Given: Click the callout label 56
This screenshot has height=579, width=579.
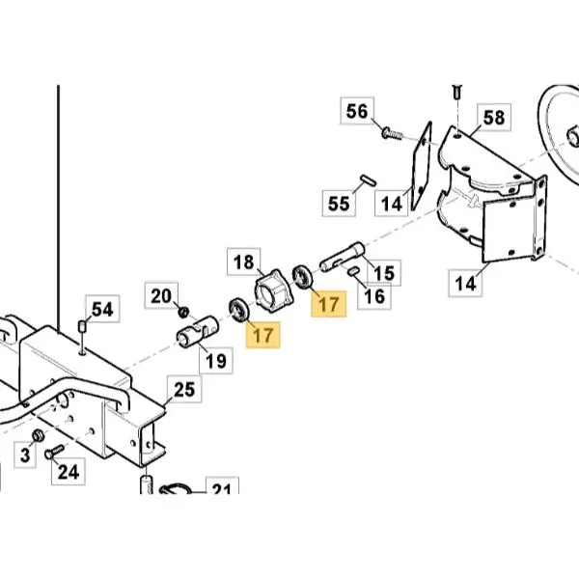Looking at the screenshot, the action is pyautogui.click(x=357, y=111).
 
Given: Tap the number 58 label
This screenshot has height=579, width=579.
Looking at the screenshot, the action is pyautogui.click(x=494, y=118).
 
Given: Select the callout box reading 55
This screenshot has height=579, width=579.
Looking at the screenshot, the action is pyautogui.click(x=339, y=203).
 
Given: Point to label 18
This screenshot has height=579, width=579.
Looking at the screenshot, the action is pyautogui.click(x=244, y=262).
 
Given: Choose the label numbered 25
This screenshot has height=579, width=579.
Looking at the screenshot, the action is pyautogui.click(x=184, y=389).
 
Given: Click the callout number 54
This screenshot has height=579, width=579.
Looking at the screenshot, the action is pyautogui.click(x=102, y=309).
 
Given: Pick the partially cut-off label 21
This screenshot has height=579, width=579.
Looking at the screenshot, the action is pyautogui.click(x=222, y=486).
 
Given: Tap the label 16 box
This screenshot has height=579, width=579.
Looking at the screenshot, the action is pyautogui.click(x=374, y=296).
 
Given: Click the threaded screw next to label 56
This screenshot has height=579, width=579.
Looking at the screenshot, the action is pyautogui.click(x=392, y=133).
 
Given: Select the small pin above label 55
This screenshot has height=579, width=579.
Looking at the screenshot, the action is pyautogui.click(x=369, y=180).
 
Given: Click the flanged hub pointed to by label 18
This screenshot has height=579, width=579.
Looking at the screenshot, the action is pyautogui.click(x=274, y=290).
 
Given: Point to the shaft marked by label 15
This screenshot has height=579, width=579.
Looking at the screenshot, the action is pyautogui.click(x=342, y=257).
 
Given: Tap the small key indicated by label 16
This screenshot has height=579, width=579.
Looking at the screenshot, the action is pyautogui.click(x=353, y=270).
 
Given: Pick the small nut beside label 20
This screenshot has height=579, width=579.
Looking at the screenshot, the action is pyautogui.click(x=183, y=312).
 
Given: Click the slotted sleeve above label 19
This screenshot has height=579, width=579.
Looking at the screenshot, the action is pyautogui.click(x=198, y=332).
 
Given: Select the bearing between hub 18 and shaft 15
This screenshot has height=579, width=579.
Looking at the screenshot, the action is pyautogui.click(x=302, y=276).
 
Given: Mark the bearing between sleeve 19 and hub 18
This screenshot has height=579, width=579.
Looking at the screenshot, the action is pyautogui.click(x=239, y=309).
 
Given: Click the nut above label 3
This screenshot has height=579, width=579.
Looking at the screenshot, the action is pyautogui.click(x=38, y=436).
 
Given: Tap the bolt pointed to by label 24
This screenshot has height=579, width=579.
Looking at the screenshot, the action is pyautogui.click(x=54, y=452).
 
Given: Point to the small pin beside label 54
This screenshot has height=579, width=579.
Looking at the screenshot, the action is pyautogui.click(x=82, y=326).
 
